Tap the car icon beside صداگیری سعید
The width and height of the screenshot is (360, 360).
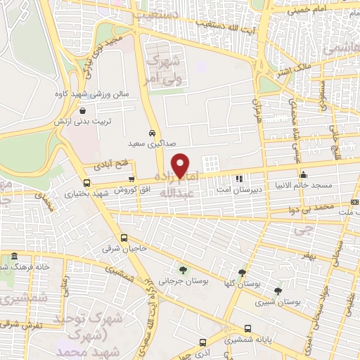coord(153,133)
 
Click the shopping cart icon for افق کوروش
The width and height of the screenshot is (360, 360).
coord(131,179)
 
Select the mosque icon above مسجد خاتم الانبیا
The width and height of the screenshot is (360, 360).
coord(304,175)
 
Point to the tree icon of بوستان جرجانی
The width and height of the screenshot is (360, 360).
coord(184,269)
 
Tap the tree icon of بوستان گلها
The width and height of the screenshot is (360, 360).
coord(242,273)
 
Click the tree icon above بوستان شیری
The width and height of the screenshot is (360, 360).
coord(278,290)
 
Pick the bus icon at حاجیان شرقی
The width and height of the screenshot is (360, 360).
coord(124,238)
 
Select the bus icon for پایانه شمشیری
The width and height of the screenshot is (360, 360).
coord(247,329)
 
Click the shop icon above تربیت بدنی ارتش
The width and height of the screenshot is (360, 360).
coord(84,111)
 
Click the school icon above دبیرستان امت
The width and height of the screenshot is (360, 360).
coord(239,178)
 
